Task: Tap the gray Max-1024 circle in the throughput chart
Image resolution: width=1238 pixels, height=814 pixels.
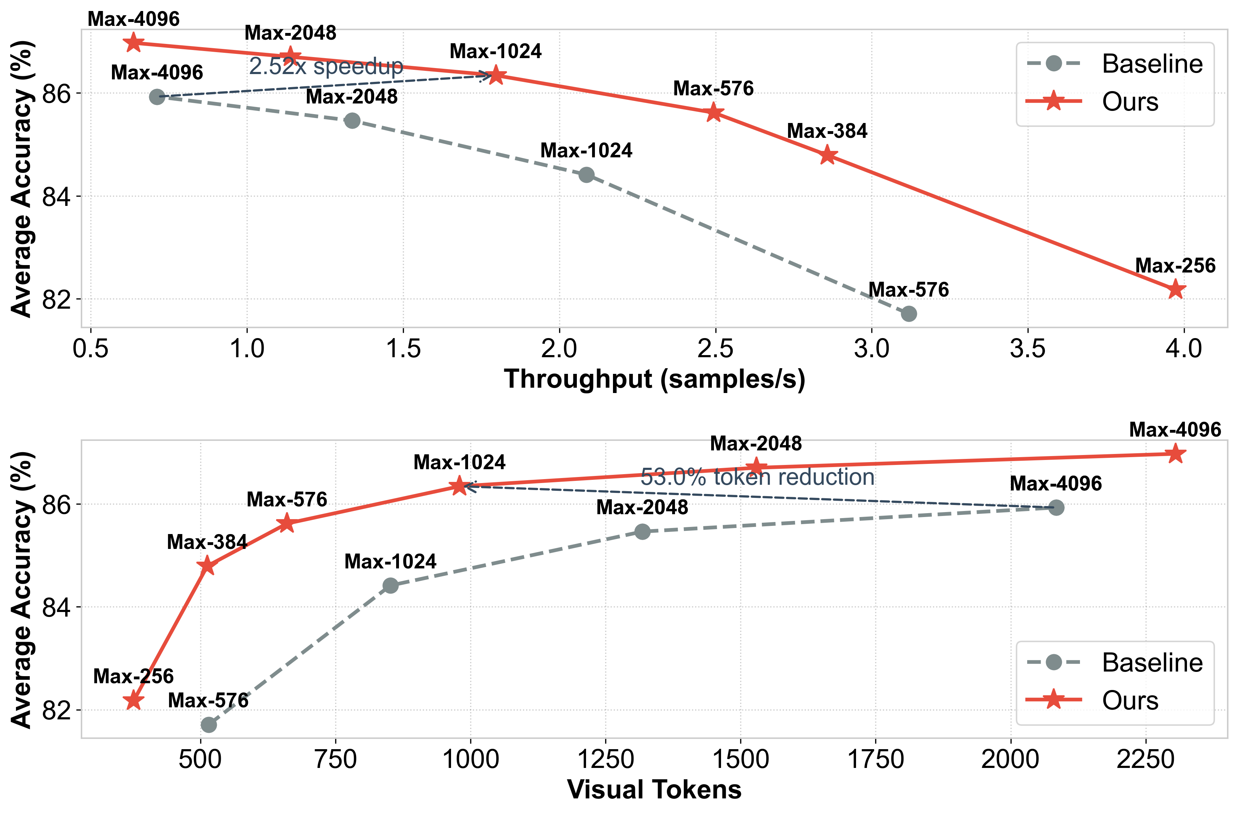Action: [586, 175]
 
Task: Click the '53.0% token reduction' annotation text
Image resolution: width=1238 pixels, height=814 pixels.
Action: [758, 477]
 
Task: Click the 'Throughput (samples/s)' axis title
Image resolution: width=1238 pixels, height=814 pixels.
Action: [654, 379]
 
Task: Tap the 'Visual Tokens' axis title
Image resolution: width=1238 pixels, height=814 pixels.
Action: [654, 790]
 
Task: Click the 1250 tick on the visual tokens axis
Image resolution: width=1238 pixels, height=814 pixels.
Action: [606, 759]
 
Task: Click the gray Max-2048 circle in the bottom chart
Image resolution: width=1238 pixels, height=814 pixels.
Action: [642, 532]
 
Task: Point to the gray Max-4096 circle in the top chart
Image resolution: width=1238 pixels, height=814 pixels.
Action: [157, 97]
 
